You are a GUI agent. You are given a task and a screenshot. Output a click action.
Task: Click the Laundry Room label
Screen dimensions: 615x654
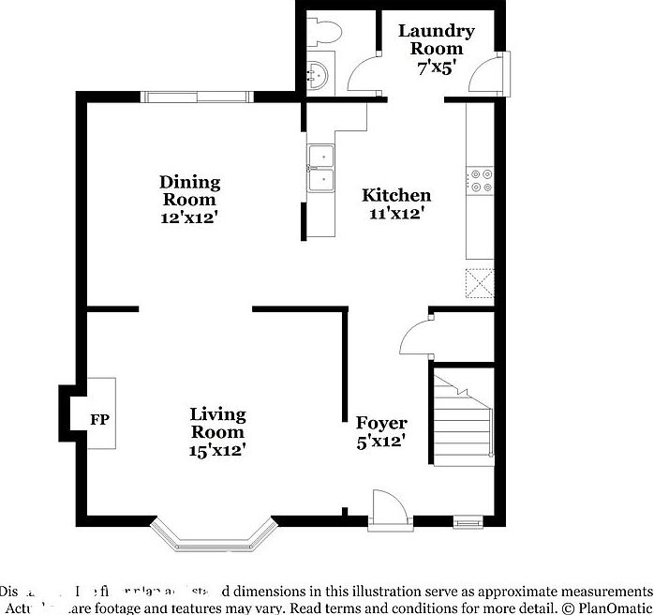point(436,39)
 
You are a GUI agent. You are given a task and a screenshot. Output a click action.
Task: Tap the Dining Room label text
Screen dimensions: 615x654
point(189,190)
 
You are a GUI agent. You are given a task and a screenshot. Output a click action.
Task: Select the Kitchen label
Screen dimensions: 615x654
point(396,195)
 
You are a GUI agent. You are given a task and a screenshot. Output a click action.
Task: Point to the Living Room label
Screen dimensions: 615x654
point(217,423)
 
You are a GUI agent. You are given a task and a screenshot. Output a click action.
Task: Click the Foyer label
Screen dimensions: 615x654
point(379,423)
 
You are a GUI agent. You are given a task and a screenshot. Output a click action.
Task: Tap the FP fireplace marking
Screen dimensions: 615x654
point(99,419)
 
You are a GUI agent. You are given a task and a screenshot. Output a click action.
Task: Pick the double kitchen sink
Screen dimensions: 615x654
point(320,168)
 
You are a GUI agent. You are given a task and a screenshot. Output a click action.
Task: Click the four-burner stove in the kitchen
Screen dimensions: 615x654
point(481,180)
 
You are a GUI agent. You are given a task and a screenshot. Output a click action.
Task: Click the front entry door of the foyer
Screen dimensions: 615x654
point(388,512)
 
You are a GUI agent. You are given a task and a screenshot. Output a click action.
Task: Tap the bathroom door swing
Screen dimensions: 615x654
point(363,73)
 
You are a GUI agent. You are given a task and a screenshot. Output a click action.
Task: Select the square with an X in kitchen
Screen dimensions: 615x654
point(481,281)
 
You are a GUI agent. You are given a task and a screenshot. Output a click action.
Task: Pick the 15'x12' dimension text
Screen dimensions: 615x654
point(217,450)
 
